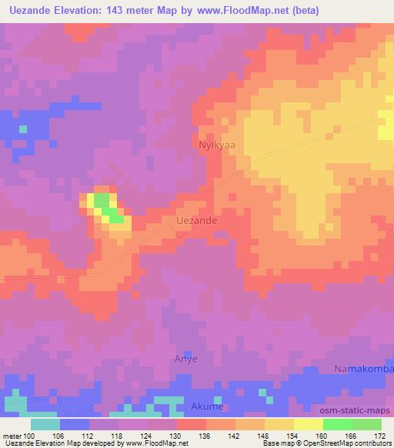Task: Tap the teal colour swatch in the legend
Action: (45, 423)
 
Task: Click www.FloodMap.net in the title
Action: (239, 11)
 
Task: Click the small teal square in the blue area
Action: (23, 129)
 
